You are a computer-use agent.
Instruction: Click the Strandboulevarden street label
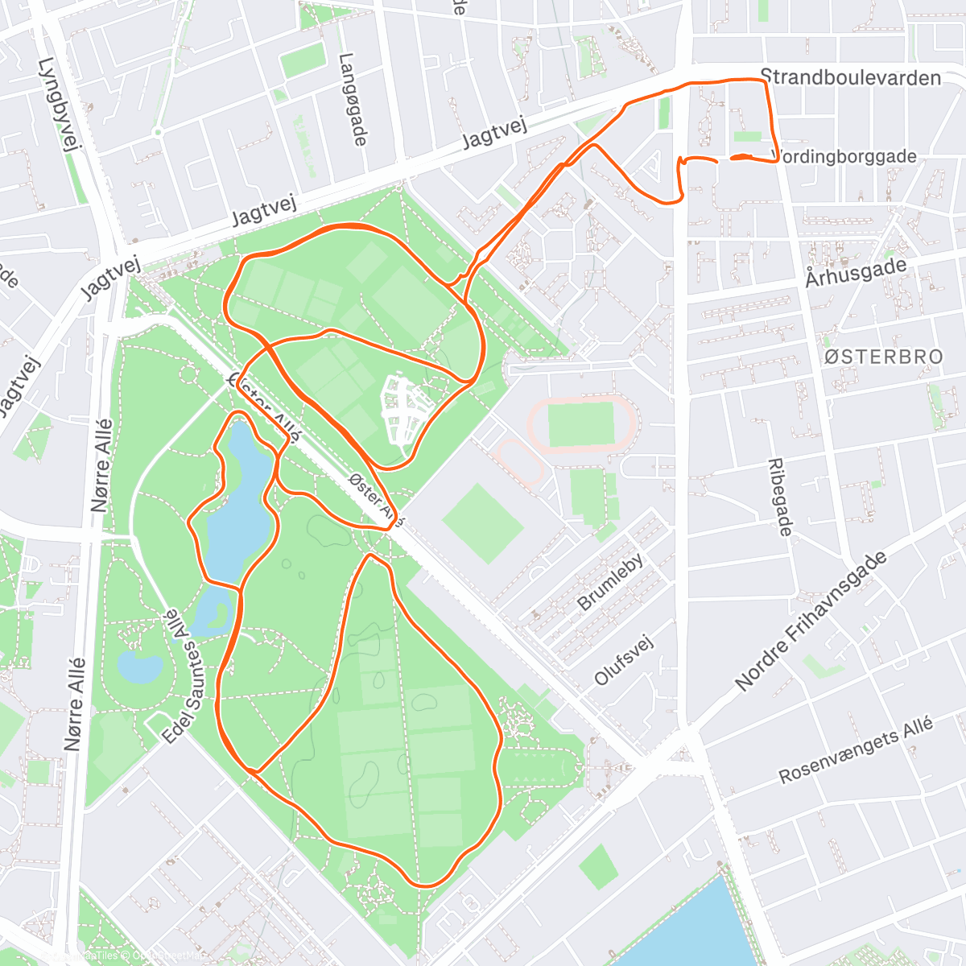click(x=850, y=78)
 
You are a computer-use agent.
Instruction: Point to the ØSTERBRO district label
click(x=884, y=357)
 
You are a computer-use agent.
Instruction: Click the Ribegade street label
click(x=779, y=497)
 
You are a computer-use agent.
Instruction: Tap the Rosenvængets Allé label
click(x=856, y=750)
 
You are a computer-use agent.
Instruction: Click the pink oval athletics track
click(x=582, y=423)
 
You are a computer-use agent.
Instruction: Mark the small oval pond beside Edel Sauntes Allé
click(x=139, y=666)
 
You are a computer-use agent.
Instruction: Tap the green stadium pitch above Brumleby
click(x=483, y=523)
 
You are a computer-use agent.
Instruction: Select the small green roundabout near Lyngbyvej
click(x=158, y=131)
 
